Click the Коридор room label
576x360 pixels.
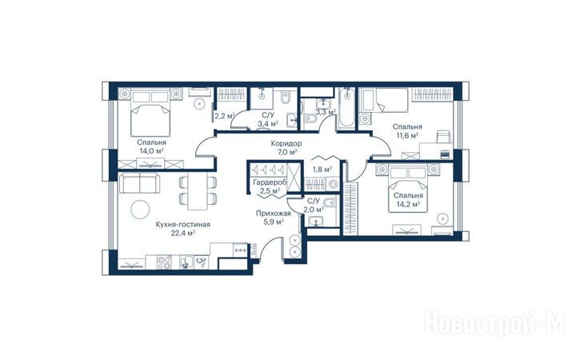(x=286, y=143)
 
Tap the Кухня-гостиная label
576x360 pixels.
(x=183, y=224)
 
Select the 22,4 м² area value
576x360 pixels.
(x=183, y=233)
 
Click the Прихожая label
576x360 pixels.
(x=274, y=214)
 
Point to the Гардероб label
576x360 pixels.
(x=270, y=182)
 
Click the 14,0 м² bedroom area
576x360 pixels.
(x=151, y=150)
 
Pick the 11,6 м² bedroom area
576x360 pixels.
(x=407, y=135)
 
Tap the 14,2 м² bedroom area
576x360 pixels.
(x=408, y=204)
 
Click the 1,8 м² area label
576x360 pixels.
(x=322, y=170)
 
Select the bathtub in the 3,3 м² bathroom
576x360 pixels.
(x=346, y=108)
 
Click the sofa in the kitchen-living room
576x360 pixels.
(x=140, y=183)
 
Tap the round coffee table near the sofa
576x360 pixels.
(x=140, y=210)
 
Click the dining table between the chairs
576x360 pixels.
(x=198, y=191)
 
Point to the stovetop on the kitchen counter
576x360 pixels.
(x=164, y=262)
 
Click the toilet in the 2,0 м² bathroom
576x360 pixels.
(x=331, y=202)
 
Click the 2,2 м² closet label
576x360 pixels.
(x=225, y=116)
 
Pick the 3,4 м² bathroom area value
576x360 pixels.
(x=268, y=124)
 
